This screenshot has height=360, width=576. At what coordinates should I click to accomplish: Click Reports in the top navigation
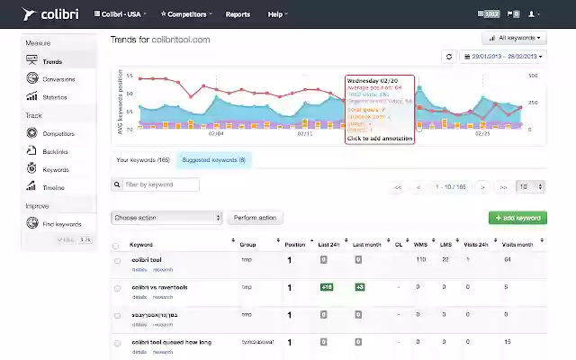tap(238, 14)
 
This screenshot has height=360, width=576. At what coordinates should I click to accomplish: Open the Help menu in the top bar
tap(278, 14)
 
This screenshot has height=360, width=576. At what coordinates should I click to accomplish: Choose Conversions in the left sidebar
tap(58, 78)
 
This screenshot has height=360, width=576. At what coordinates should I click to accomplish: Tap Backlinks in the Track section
tap(55, 151)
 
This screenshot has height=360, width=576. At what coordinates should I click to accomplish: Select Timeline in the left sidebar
tap(54, 187)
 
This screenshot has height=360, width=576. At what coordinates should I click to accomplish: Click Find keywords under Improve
tap(61, 224)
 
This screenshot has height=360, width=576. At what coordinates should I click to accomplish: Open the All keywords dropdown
tap(514, 39)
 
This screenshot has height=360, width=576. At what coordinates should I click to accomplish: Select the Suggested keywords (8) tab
tap(213, 159)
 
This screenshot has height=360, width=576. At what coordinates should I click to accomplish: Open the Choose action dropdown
tap(166, 218)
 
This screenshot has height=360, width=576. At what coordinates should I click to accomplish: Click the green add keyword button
tap(517, 218)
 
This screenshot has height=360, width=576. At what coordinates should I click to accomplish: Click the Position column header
tap(295, 244)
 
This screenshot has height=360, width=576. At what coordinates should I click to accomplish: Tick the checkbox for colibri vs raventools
tap(116, 287)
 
